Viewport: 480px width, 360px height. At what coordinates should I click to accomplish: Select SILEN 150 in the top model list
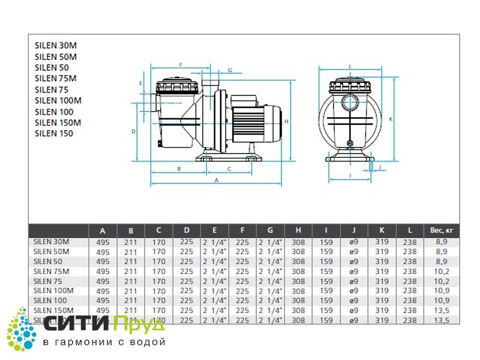pyautogui.click(x=54, y=133)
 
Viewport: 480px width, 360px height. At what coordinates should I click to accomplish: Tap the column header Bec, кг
pyautogui.click(x=437, y=230)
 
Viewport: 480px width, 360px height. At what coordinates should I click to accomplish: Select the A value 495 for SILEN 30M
pyautogui.click(x=103, y=242)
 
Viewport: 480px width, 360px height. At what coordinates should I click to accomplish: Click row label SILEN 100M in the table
pyautogui.click(x=54, y=290)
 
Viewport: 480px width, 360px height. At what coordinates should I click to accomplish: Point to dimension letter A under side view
pyautogui.click(x=216, y=179)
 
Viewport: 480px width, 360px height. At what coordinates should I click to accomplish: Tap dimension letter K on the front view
pyautogui.click(x=391, y=119)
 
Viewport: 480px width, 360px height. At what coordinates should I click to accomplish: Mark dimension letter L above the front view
pyautogui.click(x=349, y=67)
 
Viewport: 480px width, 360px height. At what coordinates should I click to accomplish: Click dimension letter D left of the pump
pyautogui.click(x=134, y=130)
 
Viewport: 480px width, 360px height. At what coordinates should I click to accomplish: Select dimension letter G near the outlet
pyautogui.click(x=230, y=70)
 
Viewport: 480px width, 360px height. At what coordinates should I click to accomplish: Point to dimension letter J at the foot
pyautogui.click(x=380, y=166)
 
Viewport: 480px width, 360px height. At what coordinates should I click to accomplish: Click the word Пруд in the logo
pyautogui.click(x=139, y=325)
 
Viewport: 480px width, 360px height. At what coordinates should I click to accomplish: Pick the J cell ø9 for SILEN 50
pyautogui.click(x=354, y=262)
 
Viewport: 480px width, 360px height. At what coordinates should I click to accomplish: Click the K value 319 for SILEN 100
pyautogui.click(x=382, y=300)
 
